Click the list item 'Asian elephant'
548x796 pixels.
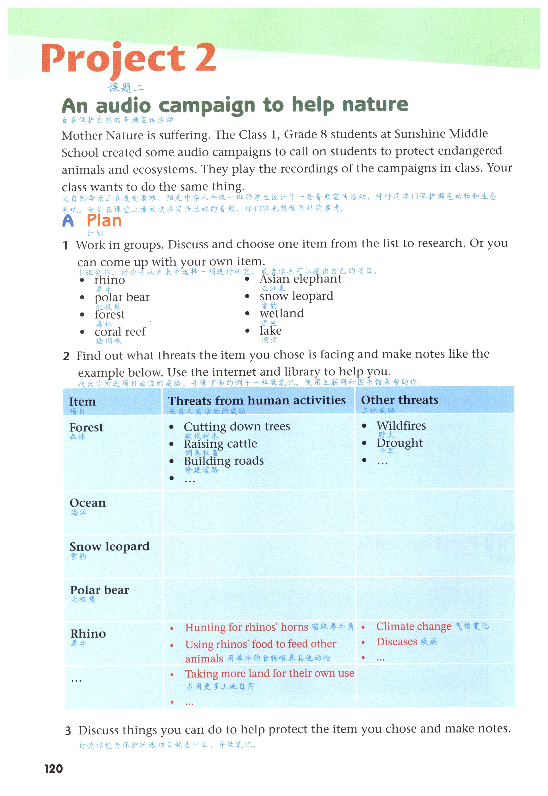[300, 279]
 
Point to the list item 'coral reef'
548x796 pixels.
[120, 332]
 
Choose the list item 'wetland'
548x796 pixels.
[282, 313]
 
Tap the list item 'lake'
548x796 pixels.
[270, 330]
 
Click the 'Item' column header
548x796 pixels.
[82, 401]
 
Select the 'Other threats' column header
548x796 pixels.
[399, 400]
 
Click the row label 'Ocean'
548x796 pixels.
[88, 503]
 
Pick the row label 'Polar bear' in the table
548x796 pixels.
[100, 590]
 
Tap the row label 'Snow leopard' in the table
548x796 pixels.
[110, 546]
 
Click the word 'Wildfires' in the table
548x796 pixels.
[401, 426]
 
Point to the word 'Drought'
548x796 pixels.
[400, 443]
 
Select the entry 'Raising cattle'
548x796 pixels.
[220, 443]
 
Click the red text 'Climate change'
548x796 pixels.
[414, 626]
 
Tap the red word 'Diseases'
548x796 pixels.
[397, 641]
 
